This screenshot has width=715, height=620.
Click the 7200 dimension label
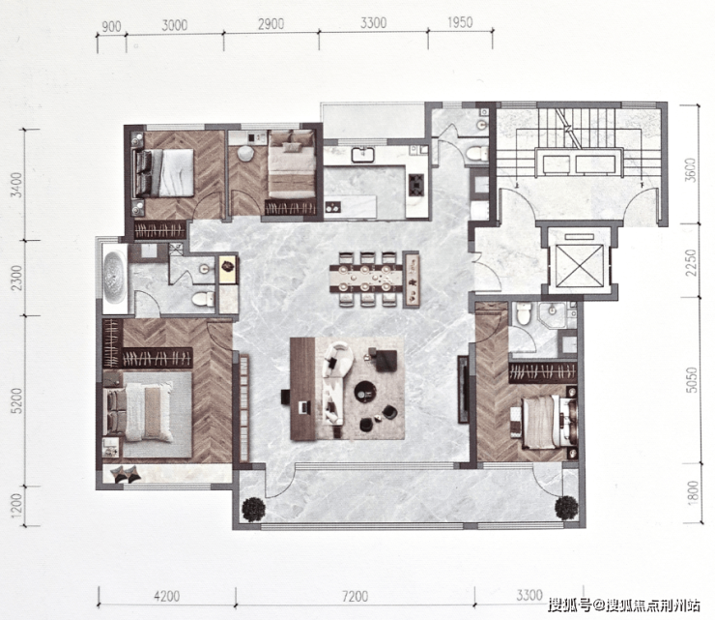click(356, 596)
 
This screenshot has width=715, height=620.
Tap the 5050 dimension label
click(692, 380)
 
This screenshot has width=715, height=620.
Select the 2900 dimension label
click(272, 24)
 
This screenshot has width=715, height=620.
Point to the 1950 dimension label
click(460, 22)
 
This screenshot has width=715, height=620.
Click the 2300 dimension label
click(16, 278)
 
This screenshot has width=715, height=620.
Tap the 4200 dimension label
click(166, 596)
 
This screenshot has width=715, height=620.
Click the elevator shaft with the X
click(580, 266)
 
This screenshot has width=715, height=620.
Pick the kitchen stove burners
click(416, 185)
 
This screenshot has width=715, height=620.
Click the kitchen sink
click(362, 155)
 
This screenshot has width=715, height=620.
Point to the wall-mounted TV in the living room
click(463, 389)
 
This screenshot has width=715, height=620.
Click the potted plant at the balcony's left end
click(253, 509)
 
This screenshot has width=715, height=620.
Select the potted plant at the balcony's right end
click(566, 507)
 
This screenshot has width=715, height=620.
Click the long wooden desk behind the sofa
click(303, 389)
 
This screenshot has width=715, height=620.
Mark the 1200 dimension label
click(16, 506)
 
